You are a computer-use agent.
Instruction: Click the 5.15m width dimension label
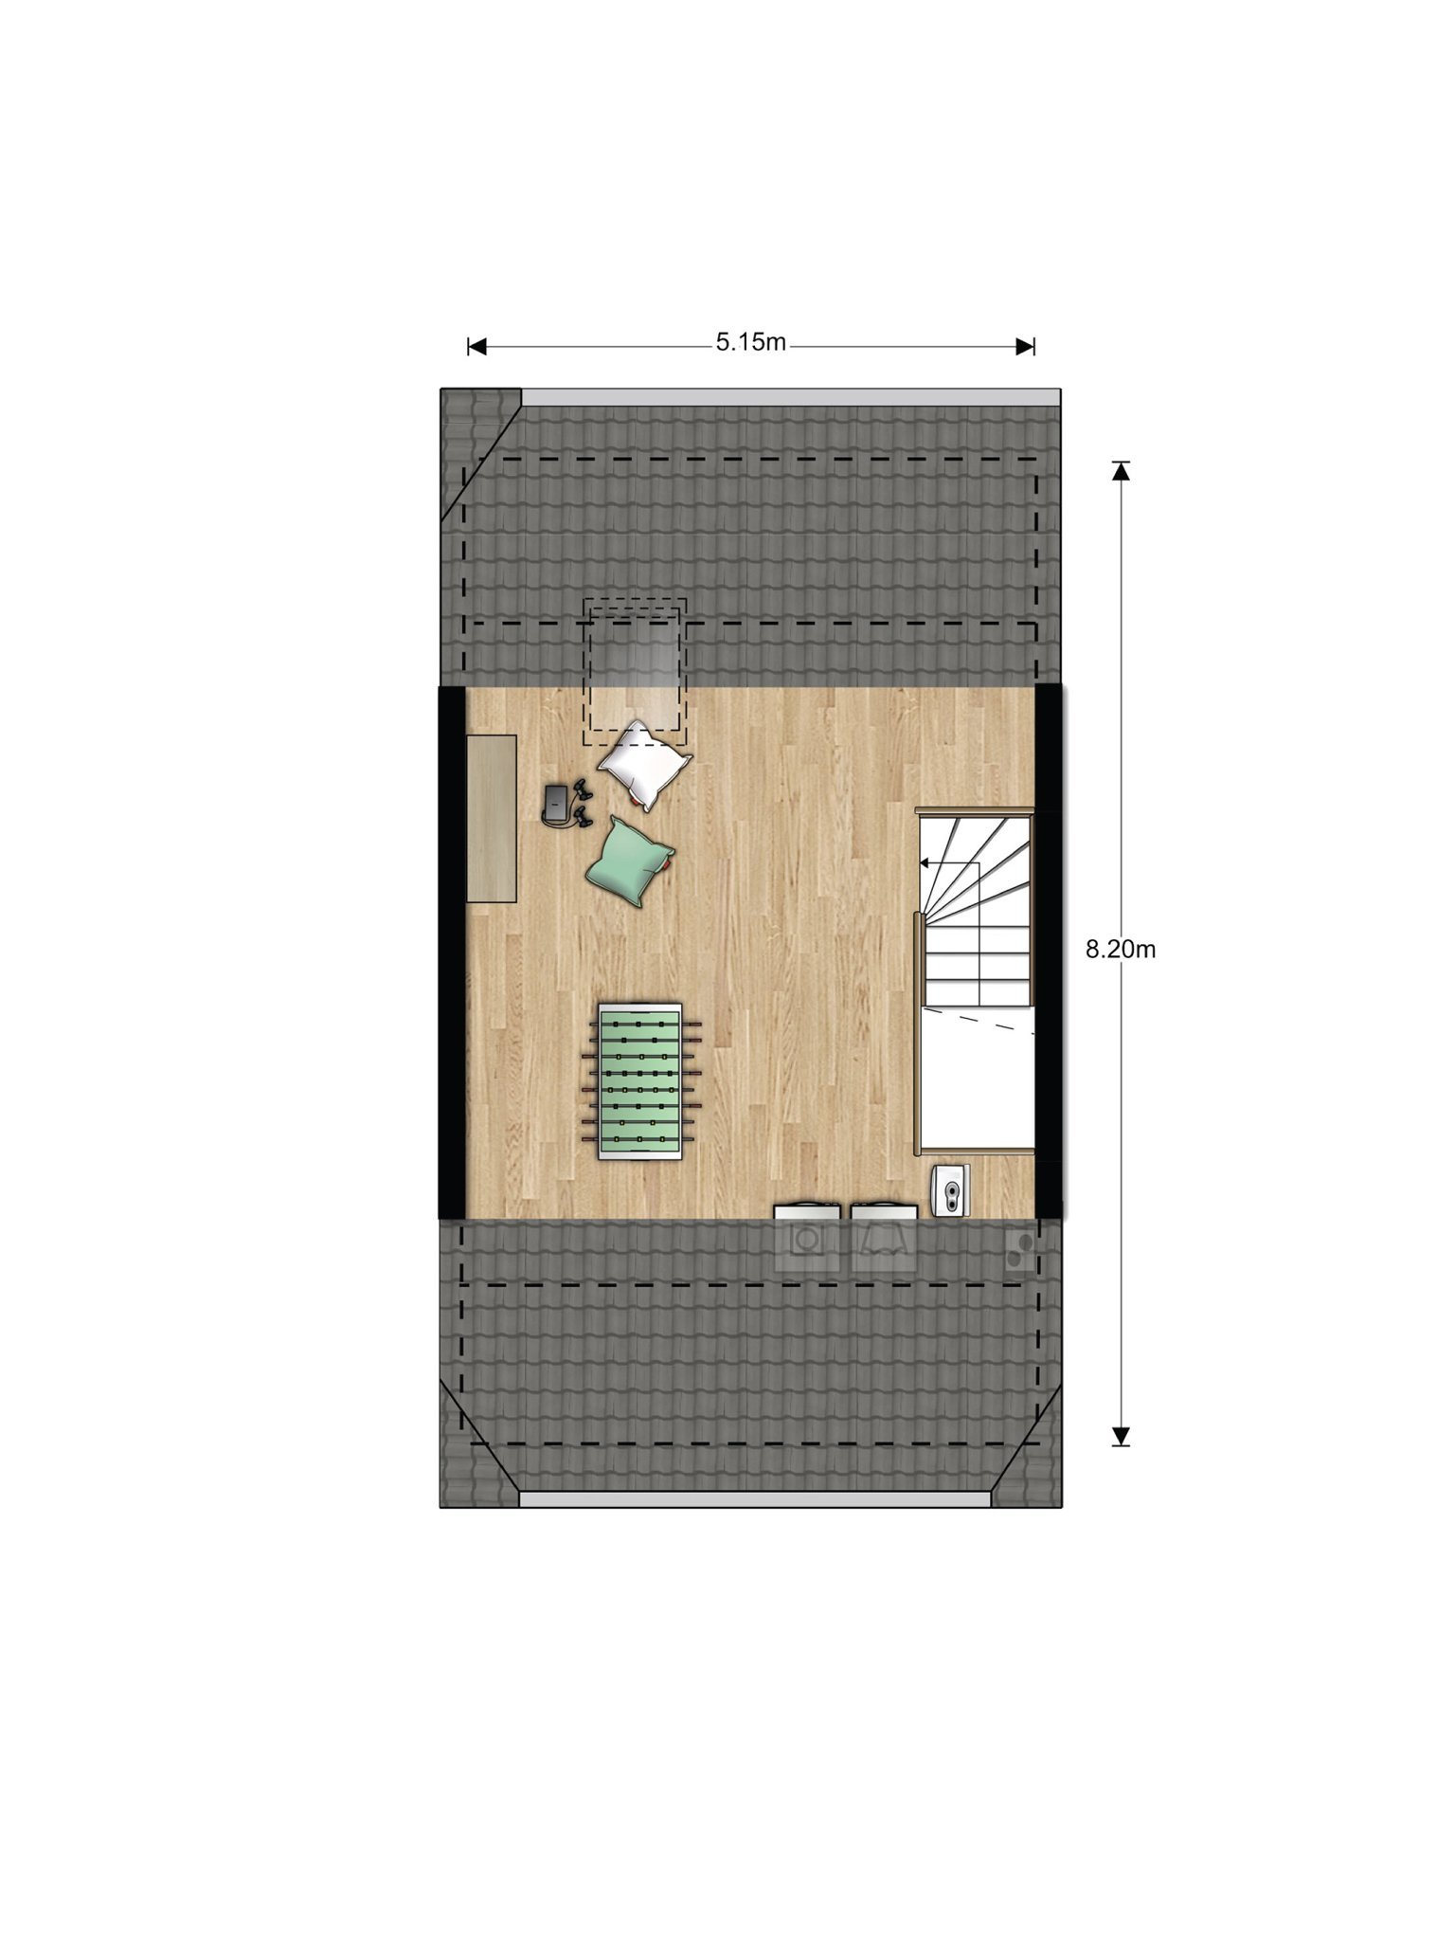750,342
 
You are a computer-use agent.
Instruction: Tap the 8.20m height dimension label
1121,950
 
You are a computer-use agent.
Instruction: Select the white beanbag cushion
644,765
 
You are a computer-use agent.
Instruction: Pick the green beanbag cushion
629,861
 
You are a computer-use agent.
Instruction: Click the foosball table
639,1080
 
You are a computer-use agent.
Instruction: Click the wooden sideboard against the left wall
492,818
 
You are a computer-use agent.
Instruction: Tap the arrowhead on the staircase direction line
925,863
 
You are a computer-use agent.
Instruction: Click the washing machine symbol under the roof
807,1239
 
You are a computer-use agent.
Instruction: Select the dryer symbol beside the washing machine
885,1239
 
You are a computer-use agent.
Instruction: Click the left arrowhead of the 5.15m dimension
477,347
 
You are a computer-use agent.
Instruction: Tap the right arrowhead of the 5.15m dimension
1025,347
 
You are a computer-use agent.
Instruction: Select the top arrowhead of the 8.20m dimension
1121,470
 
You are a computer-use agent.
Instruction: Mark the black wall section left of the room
452,952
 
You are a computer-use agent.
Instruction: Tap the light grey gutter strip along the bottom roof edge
755,1499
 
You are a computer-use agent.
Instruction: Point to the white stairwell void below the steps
978,1080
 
